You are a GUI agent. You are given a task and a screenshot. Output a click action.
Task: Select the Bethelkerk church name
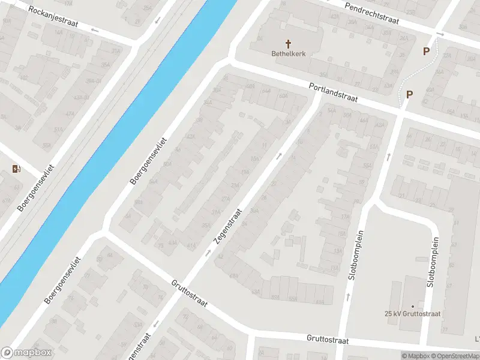(288, 53)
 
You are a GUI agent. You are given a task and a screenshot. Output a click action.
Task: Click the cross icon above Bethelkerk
(288, 43)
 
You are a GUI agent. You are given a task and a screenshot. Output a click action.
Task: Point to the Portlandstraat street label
(333, 95)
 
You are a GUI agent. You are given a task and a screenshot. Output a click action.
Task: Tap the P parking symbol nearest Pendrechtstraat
(426, 52)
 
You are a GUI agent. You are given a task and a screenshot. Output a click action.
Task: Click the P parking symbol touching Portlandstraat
(410, 94)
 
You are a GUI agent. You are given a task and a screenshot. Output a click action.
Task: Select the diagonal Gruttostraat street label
(189, 293)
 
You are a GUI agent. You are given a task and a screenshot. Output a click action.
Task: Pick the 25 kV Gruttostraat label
(412, 313)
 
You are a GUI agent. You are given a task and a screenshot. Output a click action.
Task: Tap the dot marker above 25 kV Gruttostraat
(412, 305)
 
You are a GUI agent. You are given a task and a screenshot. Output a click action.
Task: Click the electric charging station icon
(16, 169)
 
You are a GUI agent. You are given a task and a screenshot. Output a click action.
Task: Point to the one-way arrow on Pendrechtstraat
(440, 34)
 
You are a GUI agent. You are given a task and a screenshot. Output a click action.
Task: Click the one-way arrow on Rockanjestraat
(158, 21)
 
